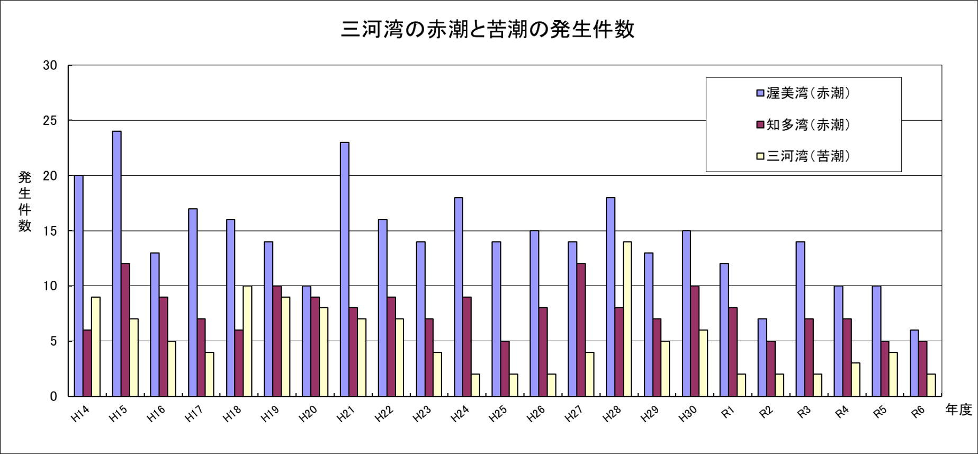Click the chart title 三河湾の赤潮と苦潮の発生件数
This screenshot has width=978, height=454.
pos(487,30)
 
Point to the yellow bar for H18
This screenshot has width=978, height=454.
pos(247,341)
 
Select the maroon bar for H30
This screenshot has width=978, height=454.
pos(695,341)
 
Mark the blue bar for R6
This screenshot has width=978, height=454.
pos(914,363)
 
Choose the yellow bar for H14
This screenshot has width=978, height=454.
pos(95,346)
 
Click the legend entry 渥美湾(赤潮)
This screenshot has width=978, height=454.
pos(804,93)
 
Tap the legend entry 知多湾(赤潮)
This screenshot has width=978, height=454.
pos(804,124)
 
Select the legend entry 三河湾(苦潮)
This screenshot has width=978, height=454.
pos(804,156)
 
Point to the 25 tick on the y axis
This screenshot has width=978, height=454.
pos(50,121)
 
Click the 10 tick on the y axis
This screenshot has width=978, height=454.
pos(50,286)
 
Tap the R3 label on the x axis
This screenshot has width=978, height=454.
pos(804,413)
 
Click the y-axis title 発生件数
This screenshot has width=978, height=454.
pos(24,201)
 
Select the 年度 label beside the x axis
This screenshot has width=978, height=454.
pos(958,410)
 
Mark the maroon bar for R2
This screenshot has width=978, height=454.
pos(771,369)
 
